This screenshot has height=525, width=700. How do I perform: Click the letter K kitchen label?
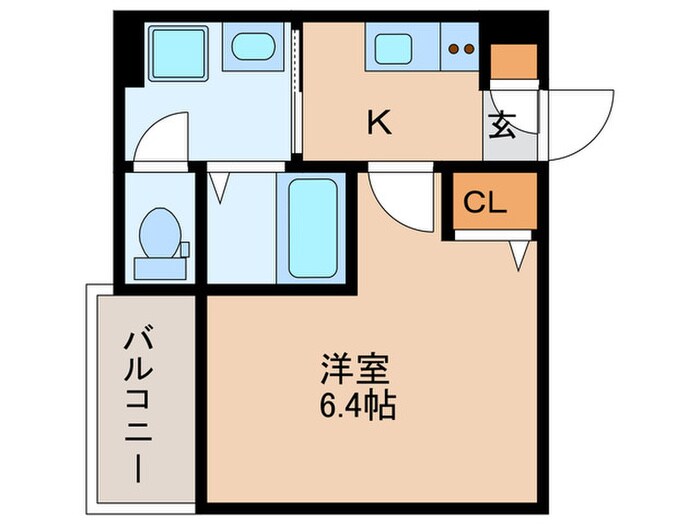[x=378, y=123]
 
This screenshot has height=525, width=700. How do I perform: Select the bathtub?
[x=314, y=228]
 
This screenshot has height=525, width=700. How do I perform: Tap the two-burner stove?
[x=461, y=48]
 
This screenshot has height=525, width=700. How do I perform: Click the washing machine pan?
[x=177, y=56]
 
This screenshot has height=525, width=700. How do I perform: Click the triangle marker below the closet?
[x=520, y=257]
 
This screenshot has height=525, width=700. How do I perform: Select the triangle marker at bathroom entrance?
[x=221, y=184]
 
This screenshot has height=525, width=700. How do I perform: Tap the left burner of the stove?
[x=455, y=48]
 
